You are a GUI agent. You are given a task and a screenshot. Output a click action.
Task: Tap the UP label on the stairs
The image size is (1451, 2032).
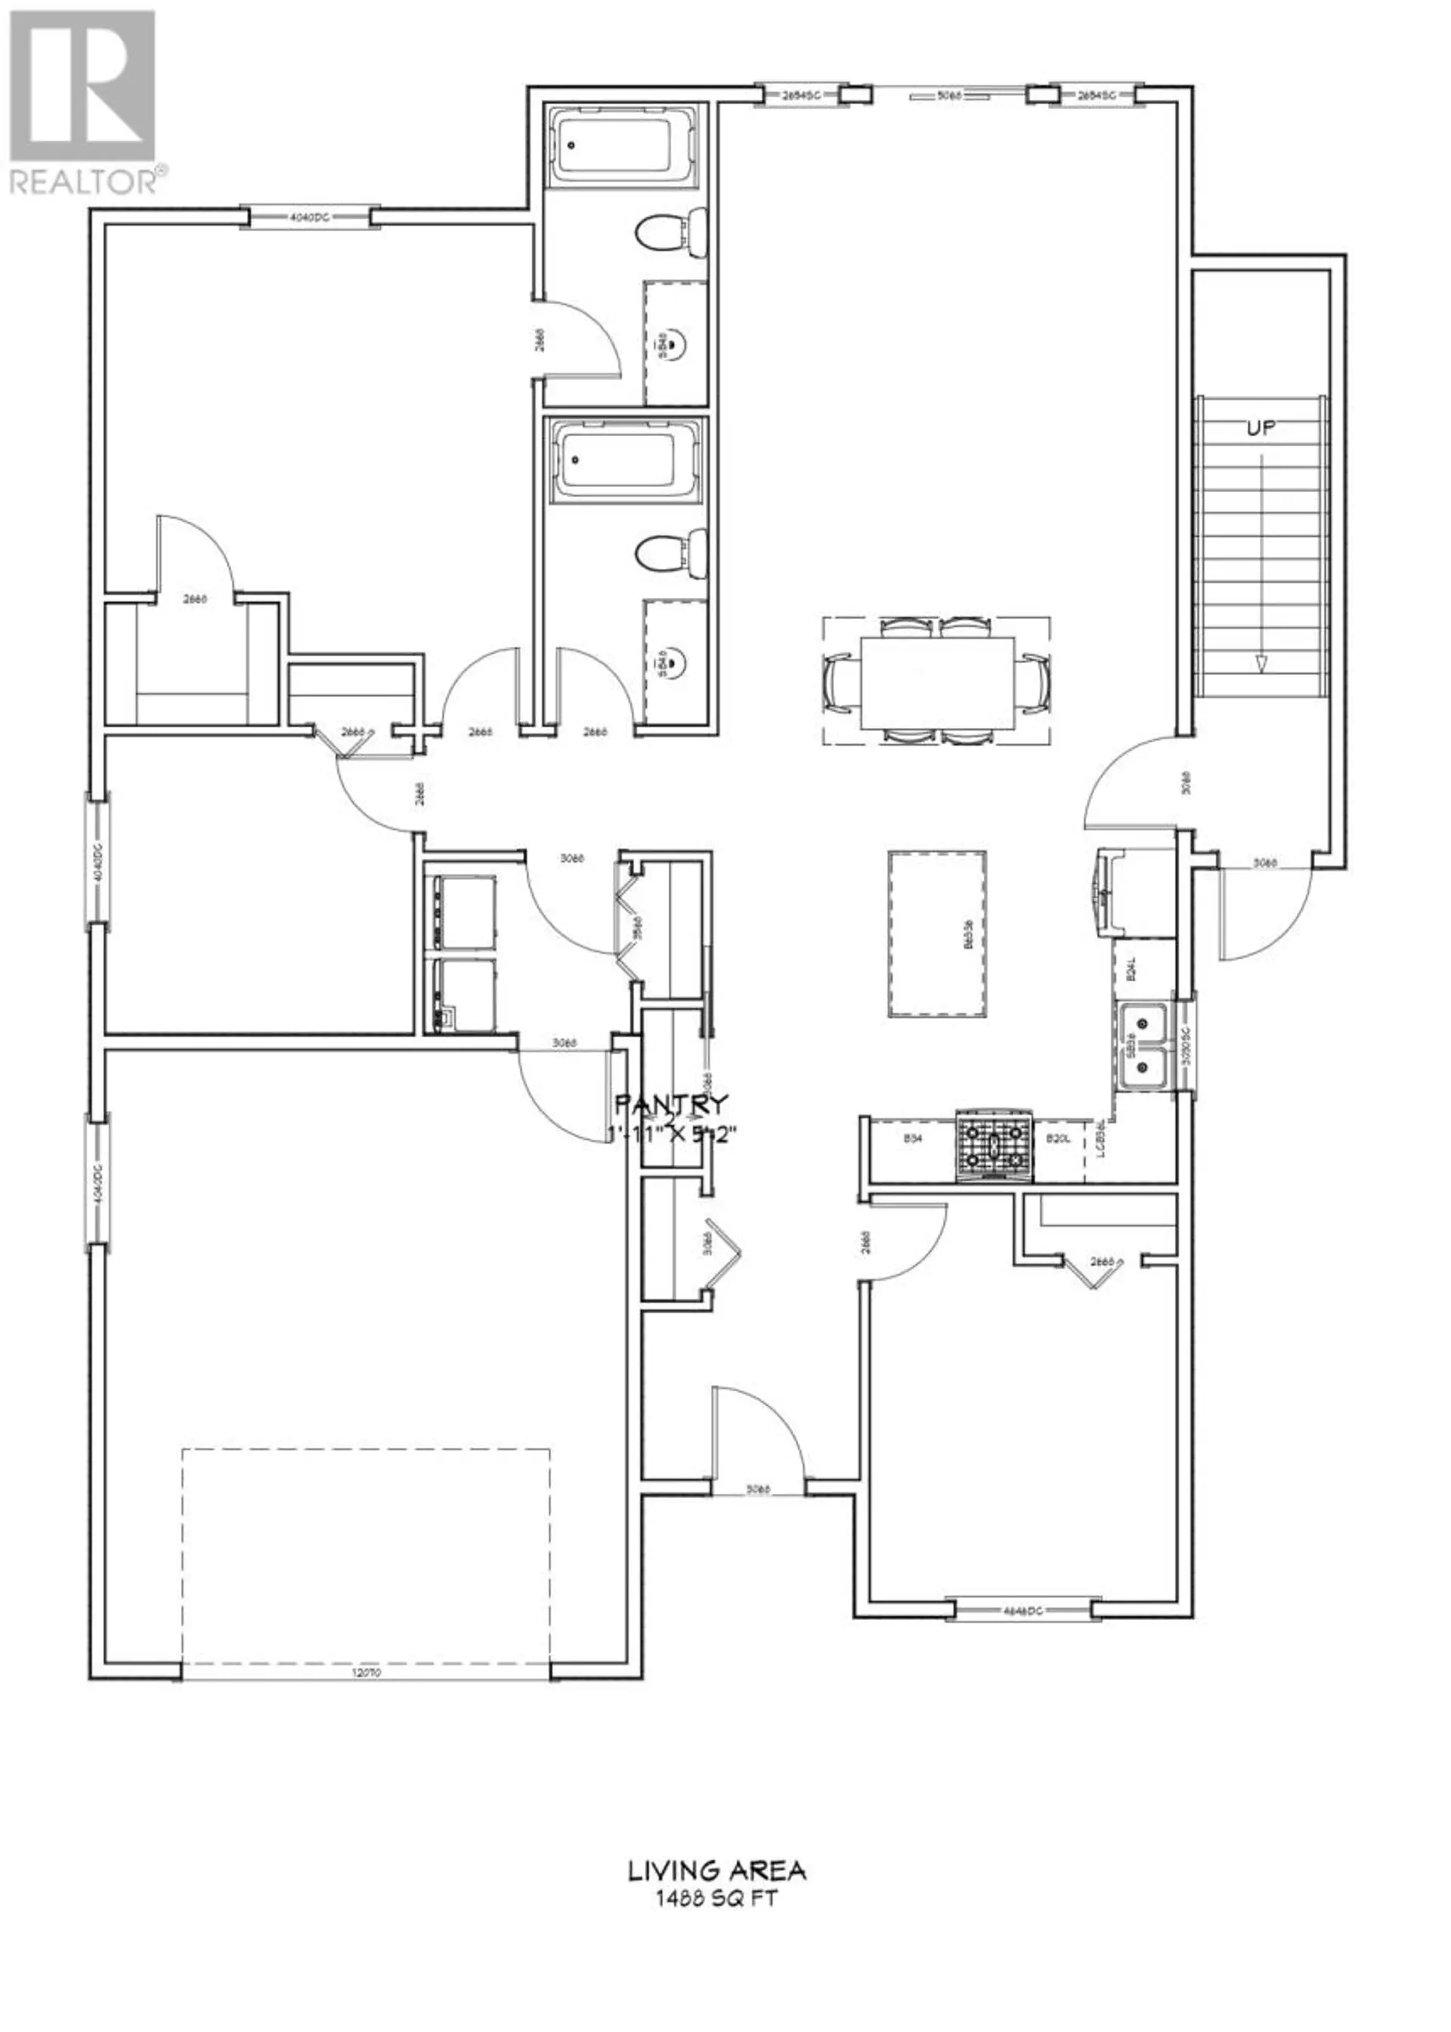[x=1261, y=429]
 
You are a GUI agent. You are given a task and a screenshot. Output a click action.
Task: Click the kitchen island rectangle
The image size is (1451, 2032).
[x=937, y=933]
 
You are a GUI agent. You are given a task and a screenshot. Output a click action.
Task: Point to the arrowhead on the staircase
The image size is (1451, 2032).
[x=1261, y=664]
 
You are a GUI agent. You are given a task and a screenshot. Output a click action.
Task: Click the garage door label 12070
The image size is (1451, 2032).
[x=367, y=1674]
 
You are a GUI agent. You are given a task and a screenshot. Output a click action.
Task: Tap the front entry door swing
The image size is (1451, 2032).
[x=760, y=1438]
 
